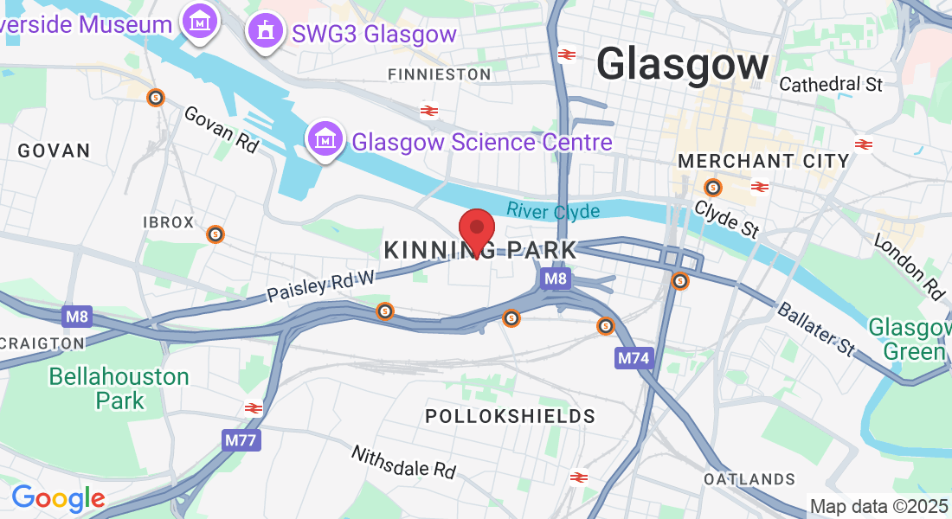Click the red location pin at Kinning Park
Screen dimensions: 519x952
[476, 229]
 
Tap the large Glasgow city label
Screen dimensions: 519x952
[683, 65]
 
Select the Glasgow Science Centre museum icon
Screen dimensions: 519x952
[325, 138]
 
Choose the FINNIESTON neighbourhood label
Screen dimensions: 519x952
[440, 75]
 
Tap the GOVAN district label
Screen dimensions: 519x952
[54, 151]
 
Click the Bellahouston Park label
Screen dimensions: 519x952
[119, 388]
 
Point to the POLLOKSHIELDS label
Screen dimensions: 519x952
[511, 416]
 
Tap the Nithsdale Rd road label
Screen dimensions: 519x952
[402, 462]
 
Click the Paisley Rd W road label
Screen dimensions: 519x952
[320, 285]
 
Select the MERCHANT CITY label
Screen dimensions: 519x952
[763, 161]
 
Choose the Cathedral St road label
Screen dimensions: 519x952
[831, 85]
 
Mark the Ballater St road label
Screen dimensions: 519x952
[815, 330]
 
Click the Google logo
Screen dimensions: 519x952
[58, 498]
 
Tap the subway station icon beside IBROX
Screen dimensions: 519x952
[215, 234]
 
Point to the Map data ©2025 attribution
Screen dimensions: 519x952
[878, 506]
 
